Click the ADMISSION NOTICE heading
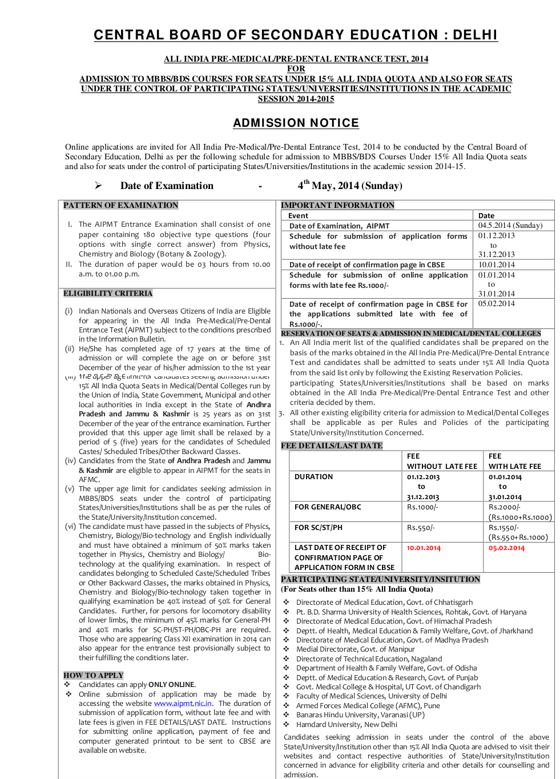(x=296, y=123)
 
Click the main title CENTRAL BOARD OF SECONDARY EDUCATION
(x=296, y=35)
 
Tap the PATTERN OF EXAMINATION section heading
(x=120, y=206)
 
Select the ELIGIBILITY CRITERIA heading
(x=108, y=294)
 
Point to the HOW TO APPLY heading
(x=93, y=675)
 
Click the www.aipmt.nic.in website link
(x=183, y=704)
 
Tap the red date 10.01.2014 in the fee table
(x=424, y=548)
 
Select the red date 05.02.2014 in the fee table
(x=506, y=548)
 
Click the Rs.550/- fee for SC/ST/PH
(x=421, y=528)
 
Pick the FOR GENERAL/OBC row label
(x=328, y=507)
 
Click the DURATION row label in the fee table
(x=313, y=477)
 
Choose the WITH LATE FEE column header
(x=515, y=467)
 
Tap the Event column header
(x=298, y=216)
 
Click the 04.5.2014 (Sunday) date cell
(x=510, y=226)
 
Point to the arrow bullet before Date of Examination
(x=98, y=186)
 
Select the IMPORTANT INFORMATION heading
(x=337, y=206)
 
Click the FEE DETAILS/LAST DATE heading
(x=332, y=446)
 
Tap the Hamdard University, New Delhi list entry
(x=347, y=724)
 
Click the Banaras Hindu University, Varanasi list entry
(x=360, y=715)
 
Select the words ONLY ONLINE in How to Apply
(x=172, y=685)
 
